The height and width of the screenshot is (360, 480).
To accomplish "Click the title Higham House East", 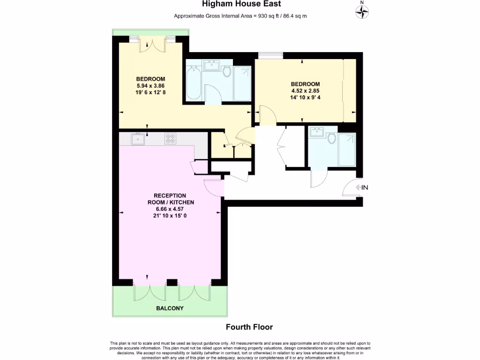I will [x=241, y=4].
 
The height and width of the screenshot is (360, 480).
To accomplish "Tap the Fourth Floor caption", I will [x=249, y=327].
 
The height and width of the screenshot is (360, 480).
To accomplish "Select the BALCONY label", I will [x=170, y=308].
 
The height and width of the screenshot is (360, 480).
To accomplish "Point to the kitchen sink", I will [x=138, y=139].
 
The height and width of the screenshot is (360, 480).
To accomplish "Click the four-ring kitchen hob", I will [x=170, y=139].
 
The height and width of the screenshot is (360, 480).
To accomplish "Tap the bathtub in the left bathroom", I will [x=194, y=84].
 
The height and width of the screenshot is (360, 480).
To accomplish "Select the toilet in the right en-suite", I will [x=332, y=138].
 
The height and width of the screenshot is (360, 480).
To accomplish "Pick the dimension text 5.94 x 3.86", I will [x=150, y=86].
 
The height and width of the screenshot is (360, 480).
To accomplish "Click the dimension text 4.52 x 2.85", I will [x=305, y=91].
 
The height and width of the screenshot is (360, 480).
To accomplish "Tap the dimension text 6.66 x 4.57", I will [x=170, y=209].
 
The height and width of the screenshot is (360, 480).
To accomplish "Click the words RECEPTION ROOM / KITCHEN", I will [x=170, y=199].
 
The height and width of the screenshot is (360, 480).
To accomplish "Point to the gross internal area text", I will [x=240, y=16].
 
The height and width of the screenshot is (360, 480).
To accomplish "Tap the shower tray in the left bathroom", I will [x=242, y=84].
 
